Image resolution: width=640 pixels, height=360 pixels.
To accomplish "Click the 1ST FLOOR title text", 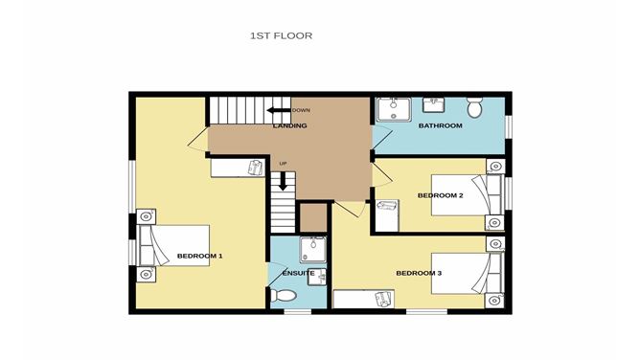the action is point(281,35).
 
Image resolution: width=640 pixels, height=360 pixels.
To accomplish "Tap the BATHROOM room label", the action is point(440,125).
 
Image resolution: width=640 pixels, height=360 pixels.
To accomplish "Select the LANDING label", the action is point(289,125).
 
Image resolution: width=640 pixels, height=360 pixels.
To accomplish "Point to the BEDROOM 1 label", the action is point(199,256).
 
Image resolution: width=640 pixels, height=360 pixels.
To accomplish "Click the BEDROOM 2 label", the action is point(440,195).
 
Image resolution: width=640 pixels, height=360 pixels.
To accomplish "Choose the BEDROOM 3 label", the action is point(419,273).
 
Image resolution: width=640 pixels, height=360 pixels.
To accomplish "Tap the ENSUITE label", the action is point(298,273).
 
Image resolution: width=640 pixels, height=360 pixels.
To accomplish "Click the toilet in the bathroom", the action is point(474,107).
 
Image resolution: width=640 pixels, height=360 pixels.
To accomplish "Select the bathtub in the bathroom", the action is point(394,110).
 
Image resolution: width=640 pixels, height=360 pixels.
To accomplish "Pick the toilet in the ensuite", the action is point(284,295).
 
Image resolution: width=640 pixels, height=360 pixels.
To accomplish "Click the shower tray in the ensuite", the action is point(313,250).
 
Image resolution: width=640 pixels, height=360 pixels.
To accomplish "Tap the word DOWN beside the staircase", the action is point(301,110).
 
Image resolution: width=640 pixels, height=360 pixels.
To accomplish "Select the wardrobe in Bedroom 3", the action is point(364,299).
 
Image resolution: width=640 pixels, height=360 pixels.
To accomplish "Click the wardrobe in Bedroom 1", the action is point(238,168).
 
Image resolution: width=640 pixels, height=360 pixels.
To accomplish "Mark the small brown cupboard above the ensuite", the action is point(313,217).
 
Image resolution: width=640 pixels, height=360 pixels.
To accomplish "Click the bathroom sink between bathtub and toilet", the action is point(433,104).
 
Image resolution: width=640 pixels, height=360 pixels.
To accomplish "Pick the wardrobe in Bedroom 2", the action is point(387,216).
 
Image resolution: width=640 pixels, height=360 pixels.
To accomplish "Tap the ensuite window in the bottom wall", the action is point(298,312).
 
